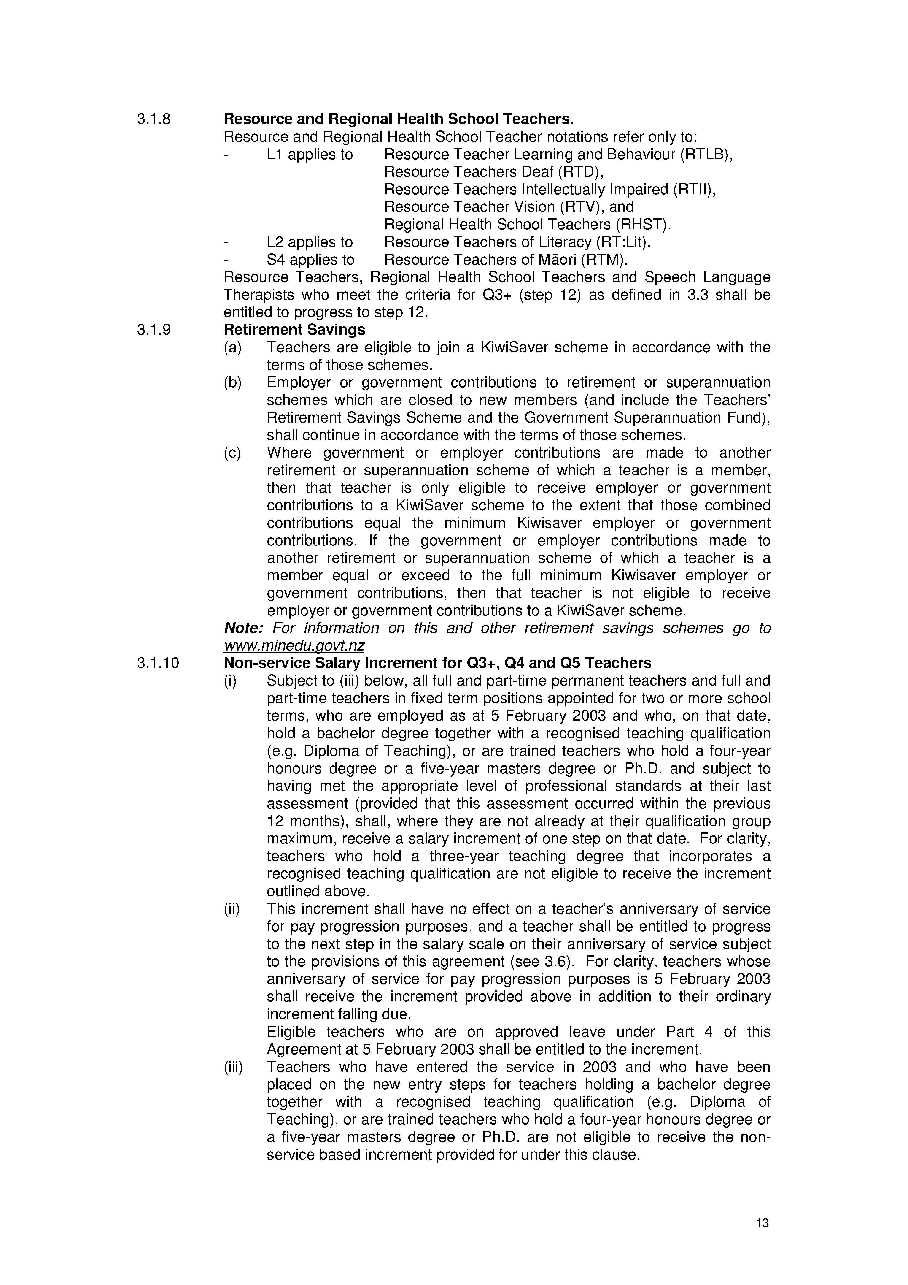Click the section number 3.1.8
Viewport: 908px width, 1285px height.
[x=154, y=119]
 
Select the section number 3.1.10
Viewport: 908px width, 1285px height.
[x=158, y=663]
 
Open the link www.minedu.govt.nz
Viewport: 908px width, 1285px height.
[x=294, y=646]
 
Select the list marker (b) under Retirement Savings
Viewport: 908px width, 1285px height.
[x=232, y=383]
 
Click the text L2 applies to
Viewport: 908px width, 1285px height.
[x=309, y=242]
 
